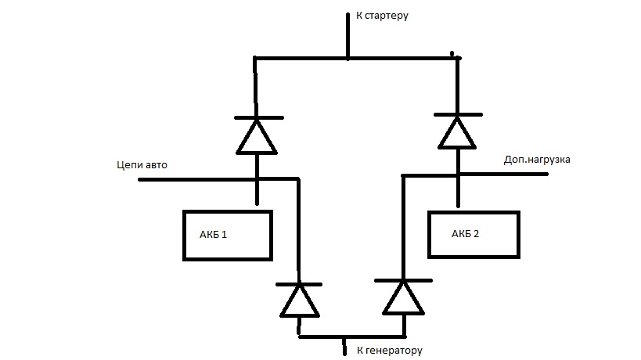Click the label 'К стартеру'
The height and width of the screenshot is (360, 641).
point(382,15)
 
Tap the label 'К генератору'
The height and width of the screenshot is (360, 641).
point(389,351)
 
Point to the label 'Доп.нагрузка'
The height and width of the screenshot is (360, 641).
point(538,159)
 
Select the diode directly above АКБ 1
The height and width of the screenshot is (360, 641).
point(257,136)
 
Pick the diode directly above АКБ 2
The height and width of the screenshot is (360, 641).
point(456,131)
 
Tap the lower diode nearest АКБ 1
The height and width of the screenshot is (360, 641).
point(299,300)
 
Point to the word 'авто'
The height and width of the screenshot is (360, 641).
point(155,165)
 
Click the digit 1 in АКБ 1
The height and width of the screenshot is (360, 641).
point(225,235)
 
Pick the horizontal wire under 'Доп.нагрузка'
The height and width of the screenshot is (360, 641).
point(501,174)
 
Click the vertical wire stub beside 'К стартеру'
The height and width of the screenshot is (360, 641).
point(348,35)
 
